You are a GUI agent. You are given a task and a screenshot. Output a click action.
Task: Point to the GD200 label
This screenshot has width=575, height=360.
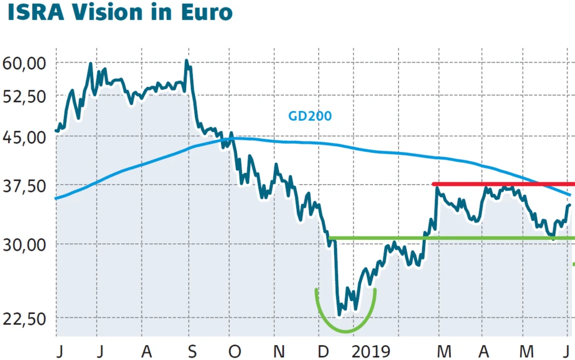coord(310,116)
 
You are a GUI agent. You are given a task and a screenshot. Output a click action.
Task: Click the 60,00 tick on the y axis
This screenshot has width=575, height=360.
coord(24,63)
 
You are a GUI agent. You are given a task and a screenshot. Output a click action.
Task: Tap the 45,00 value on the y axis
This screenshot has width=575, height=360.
coord(24,137)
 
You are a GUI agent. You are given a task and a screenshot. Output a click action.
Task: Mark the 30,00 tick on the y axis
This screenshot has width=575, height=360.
coord(24,244)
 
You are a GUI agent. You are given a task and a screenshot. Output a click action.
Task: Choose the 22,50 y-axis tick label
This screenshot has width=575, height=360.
coord(24,318)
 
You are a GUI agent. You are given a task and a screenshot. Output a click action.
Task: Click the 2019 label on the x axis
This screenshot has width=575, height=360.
coord(371,350)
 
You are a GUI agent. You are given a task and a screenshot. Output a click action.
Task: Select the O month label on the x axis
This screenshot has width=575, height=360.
coord(233,350)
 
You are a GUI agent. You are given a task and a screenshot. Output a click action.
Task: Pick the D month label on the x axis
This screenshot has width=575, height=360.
coord(323,350)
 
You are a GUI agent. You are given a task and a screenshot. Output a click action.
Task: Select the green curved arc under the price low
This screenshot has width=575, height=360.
coord(346,331)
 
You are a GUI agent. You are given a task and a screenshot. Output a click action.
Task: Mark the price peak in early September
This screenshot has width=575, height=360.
coord(187,61)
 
